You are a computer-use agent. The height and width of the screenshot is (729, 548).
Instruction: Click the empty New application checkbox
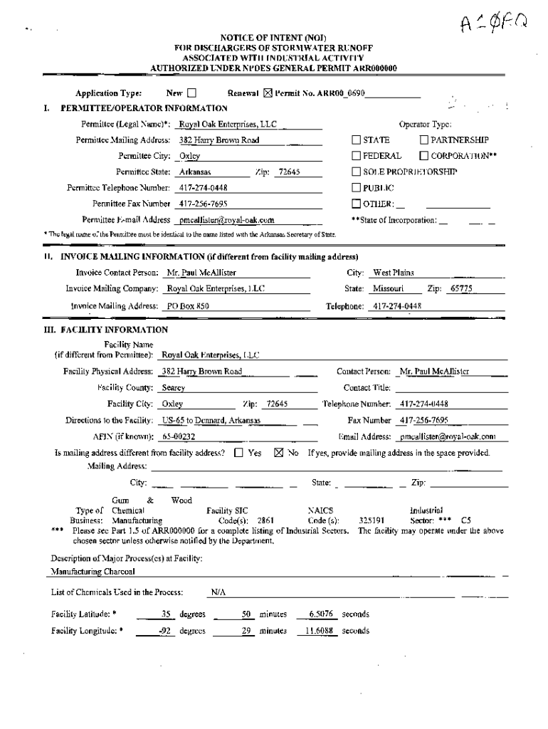tap(191, 93)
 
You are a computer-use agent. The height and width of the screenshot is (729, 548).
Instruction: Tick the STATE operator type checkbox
tap(357, 140)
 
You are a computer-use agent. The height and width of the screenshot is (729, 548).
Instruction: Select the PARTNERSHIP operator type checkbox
tap(424, 140)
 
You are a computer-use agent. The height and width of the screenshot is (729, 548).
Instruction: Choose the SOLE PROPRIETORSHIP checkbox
tap(357, 172)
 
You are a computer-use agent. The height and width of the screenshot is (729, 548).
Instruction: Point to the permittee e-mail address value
tap(226, 220)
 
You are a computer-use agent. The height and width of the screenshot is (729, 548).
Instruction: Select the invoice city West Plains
tap(394, 273)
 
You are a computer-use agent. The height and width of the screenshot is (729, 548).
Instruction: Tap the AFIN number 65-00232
tap(179, 436)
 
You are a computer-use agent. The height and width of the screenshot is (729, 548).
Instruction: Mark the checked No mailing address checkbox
tap(279, 453)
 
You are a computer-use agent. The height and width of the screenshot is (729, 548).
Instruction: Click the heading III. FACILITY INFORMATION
tap(106, 330)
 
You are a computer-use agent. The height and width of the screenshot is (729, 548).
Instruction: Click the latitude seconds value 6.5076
tap(322, 614)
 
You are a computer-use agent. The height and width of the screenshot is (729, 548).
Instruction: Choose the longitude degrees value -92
tap(167, 631)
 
